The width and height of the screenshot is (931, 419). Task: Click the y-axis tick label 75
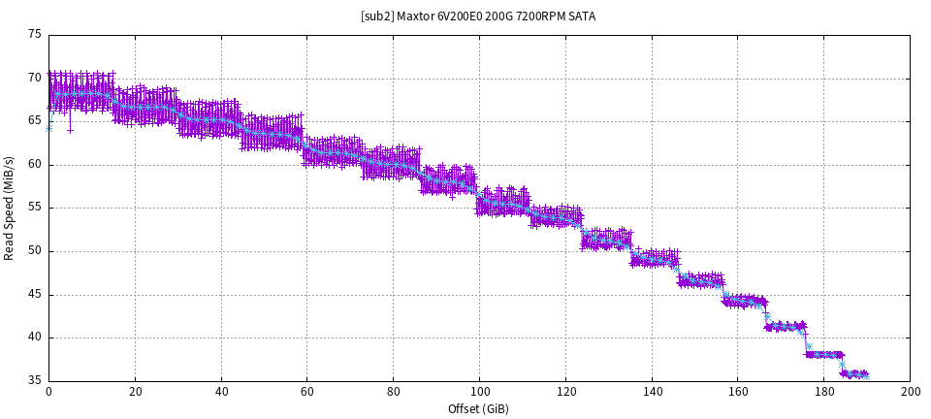click(x=35, y=34)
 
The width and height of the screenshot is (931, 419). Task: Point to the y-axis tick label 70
click(x=35, y=78)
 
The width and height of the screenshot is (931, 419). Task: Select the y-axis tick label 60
click(x=35, y=164)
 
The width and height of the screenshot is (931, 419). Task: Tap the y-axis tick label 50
click(x=35, y=251)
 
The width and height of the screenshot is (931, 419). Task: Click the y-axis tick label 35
click(x=35, y=381)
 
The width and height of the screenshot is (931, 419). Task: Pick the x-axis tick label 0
click(x=48, y=392)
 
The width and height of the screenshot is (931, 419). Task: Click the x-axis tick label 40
click(x=221, y=392)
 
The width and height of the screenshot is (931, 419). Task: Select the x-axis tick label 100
click(x=479, y=392)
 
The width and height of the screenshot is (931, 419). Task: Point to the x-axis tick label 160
click(x=738, y=392)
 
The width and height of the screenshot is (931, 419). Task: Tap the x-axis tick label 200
click(x=911, y=392)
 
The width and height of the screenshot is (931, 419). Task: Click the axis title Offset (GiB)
click(x=479, y=408)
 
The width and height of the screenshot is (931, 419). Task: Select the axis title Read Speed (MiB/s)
click(x=10, y=208)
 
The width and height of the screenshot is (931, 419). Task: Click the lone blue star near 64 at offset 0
click(x=48, y=127)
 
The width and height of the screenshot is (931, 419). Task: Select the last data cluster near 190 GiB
click(x=854, y=373)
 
